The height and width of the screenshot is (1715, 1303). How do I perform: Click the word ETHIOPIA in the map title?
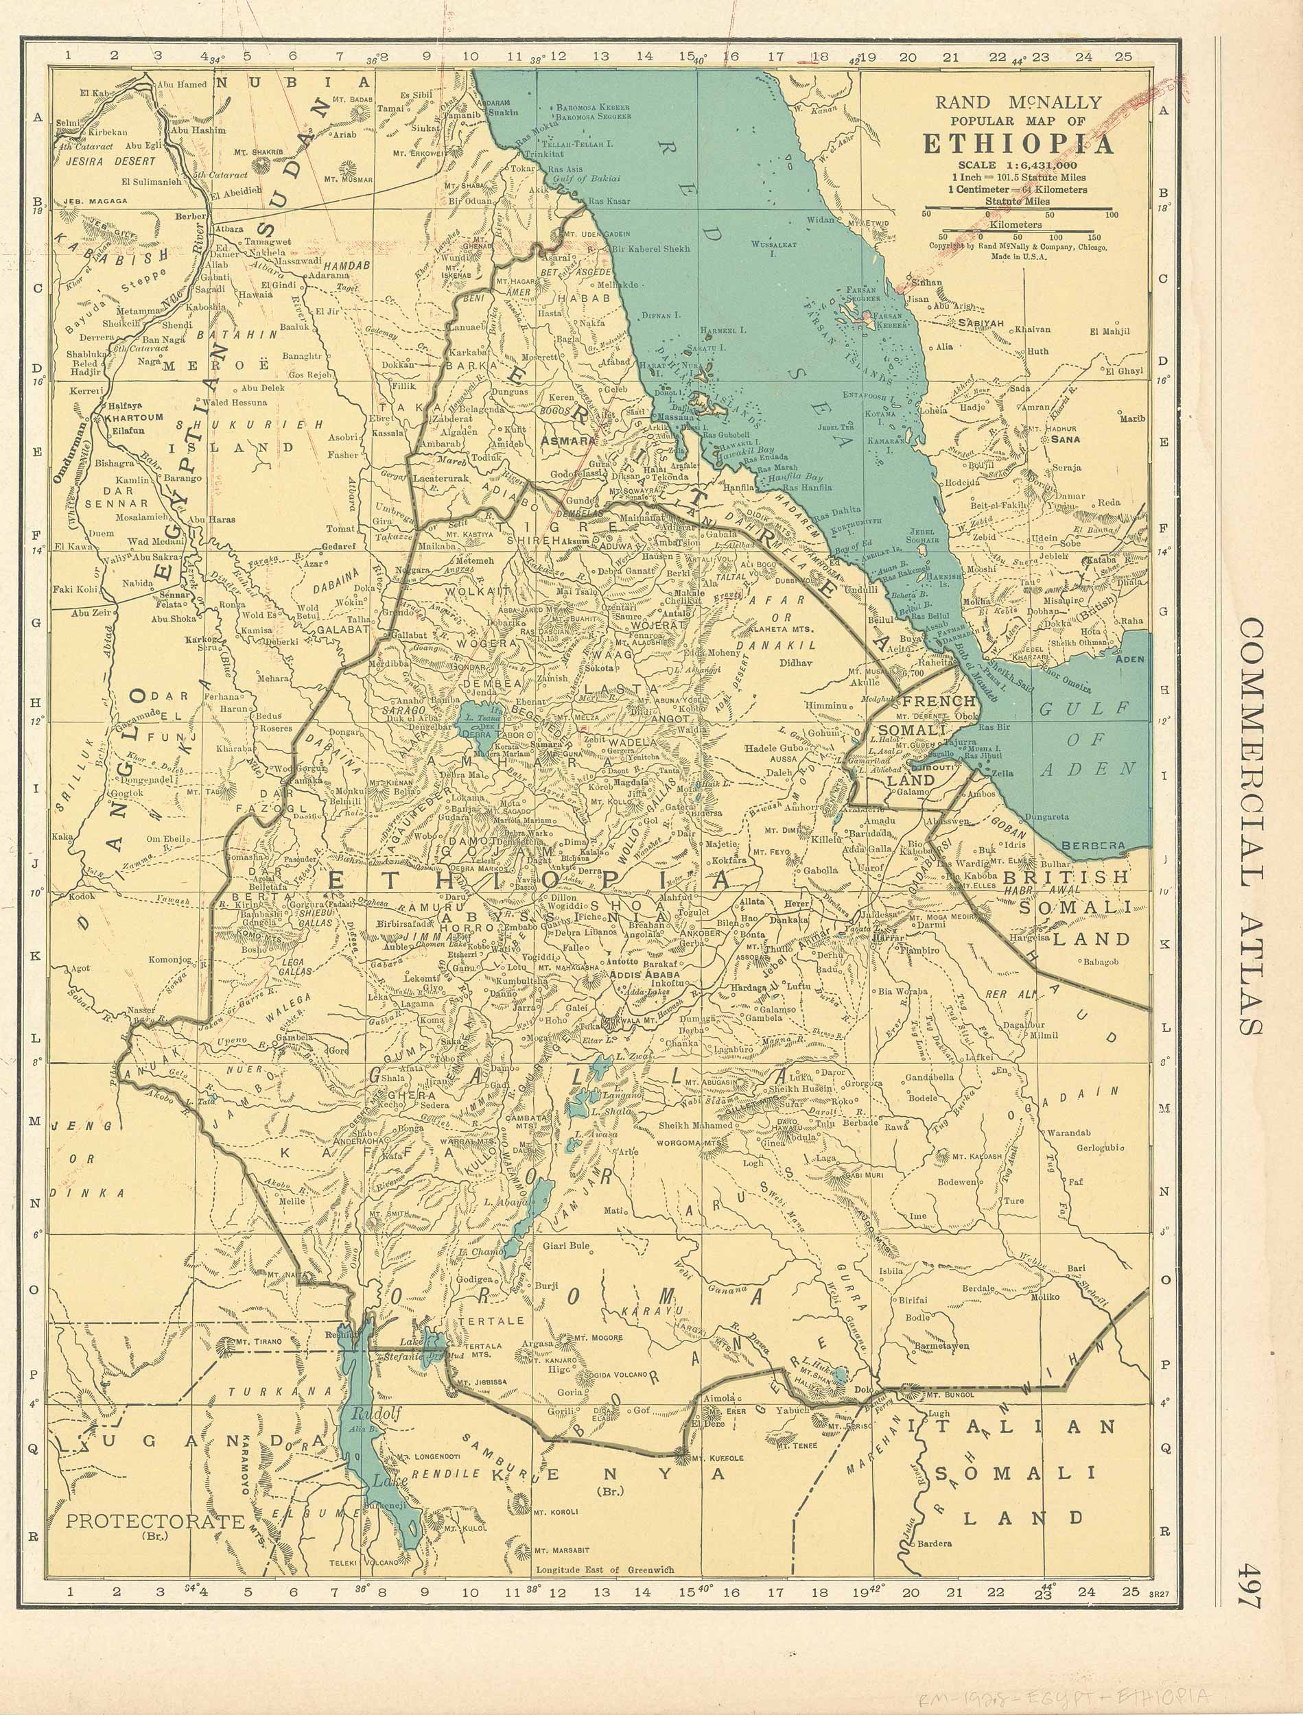click(1018, 145)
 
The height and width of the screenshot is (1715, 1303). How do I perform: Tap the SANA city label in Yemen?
click(1065, 439)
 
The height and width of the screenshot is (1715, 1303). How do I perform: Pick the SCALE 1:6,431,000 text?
click(1018, 165)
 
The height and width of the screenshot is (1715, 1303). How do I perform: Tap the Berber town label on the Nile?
click(190, 216)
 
